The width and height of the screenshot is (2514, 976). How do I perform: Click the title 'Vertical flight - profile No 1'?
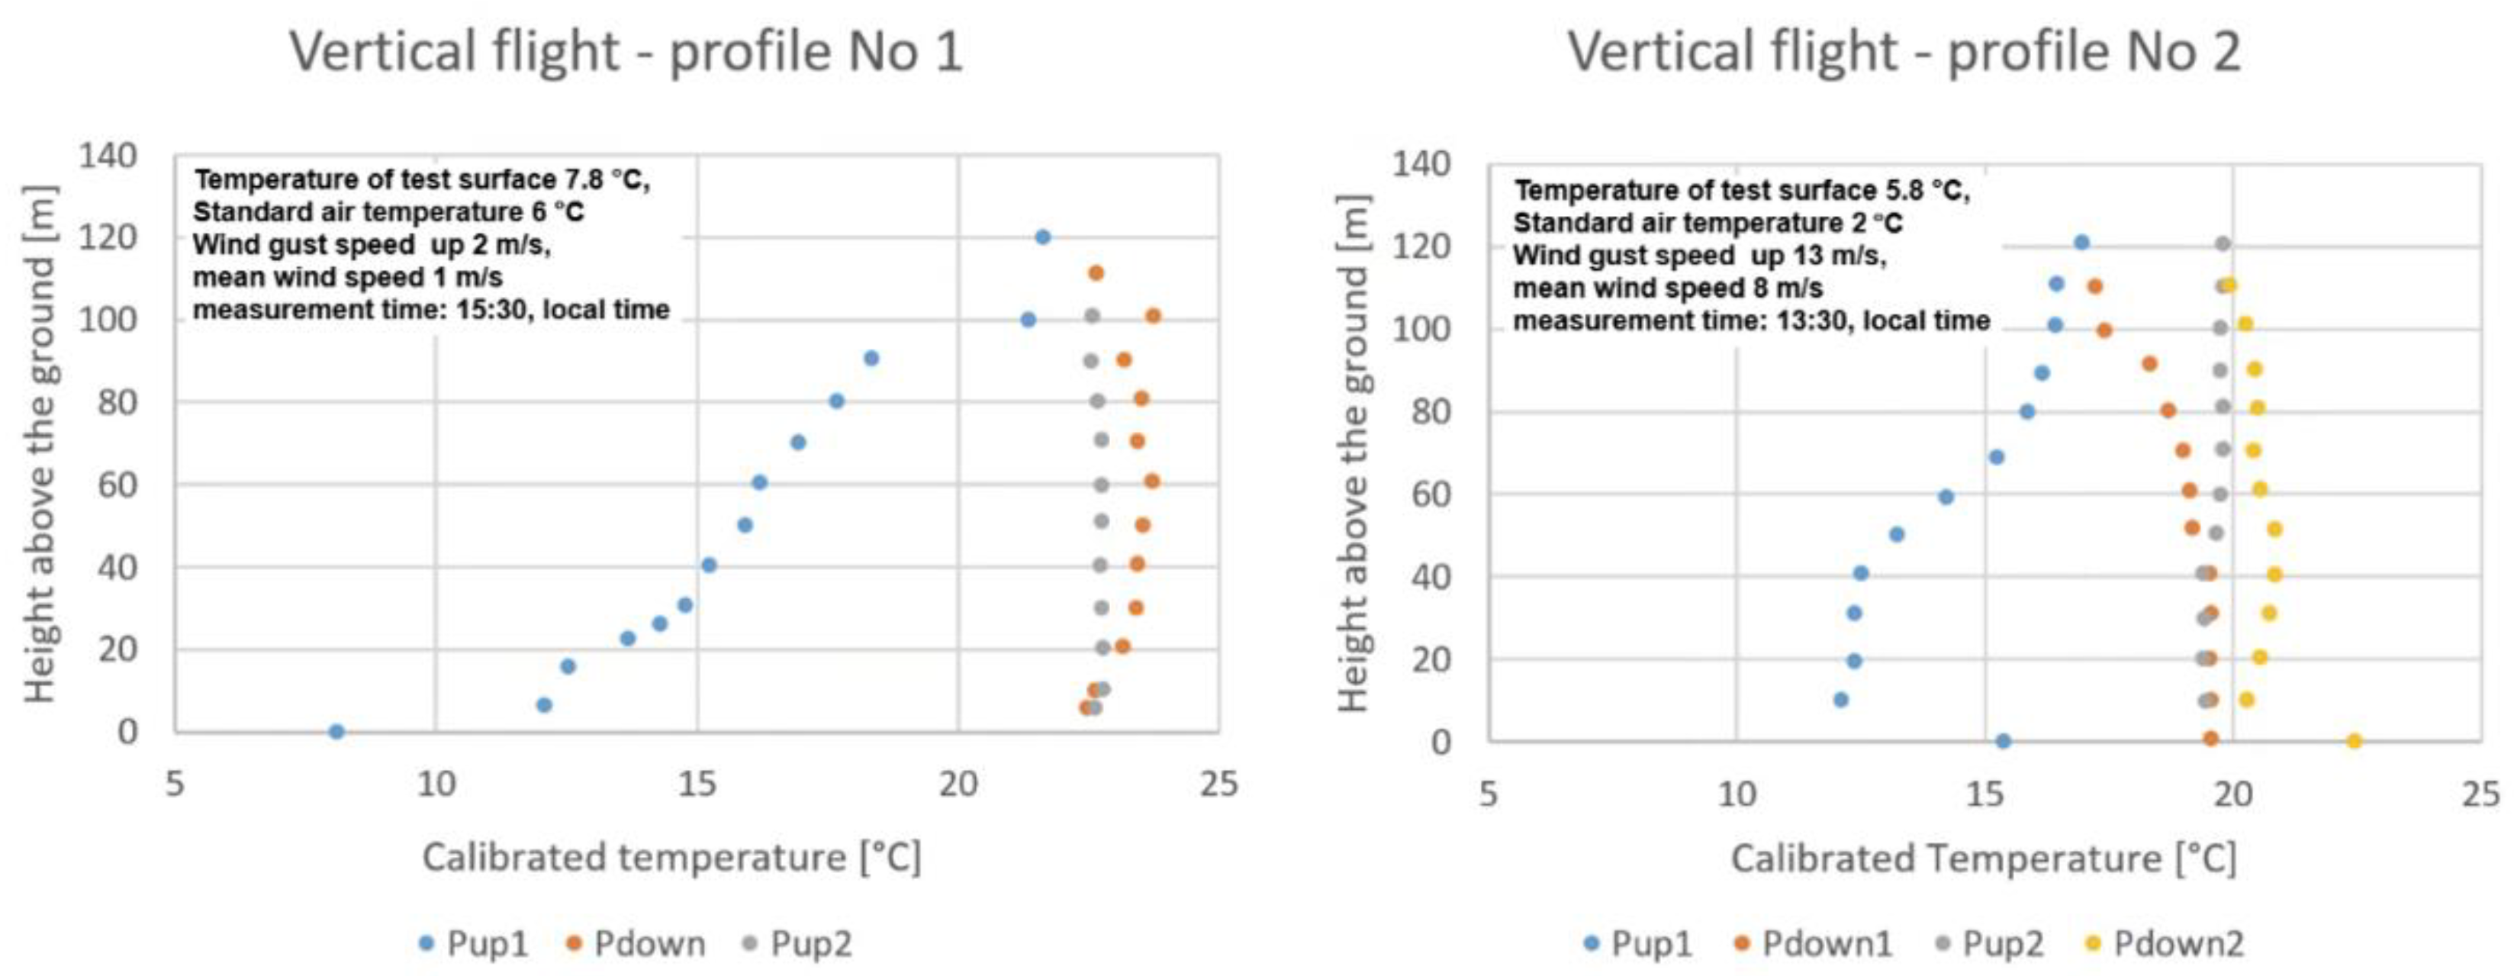[x=626, y=51]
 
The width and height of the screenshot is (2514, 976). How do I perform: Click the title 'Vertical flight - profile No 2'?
[x=1903, y=51]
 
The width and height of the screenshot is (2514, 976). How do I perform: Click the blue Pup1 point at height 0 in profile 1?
[x=336, y=731]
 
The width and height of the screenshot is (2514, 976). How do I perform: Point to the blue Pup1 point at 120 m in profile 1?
[x=1042, y=237]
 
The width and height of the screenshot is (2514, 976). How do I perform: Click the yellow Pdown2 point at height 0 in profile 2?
[x=2354, y=741]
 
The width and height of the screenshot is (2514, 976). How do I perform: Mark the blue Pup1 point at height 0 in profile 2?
[x=2004, y=741]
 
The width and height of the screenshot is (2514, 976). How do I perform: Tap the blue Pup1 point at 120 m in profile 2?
[x=2081, y=242]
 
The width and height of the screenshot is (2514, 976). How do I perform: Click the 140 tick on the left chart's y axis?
[x=108, y=155]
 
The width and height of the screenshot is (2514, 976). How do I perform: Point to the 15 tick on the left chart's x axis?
[x=697, y=783]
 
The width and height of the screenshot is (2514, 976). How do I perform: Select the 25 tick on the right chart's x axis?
[x=2480, y=794]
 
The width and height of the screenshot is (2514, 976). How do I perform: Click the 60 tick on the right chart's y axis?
[x=1427, y=494]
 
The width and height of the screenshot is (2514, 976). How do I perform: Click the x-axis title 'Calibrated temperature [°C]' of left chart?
[x=671, y=858]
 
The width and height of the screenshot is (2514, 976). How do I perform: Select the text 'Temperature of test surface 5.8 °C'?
[x=1742, y=189]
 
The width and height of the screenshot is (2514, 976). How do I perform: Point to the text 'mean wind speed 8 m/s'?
[x=1667, y=288]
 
